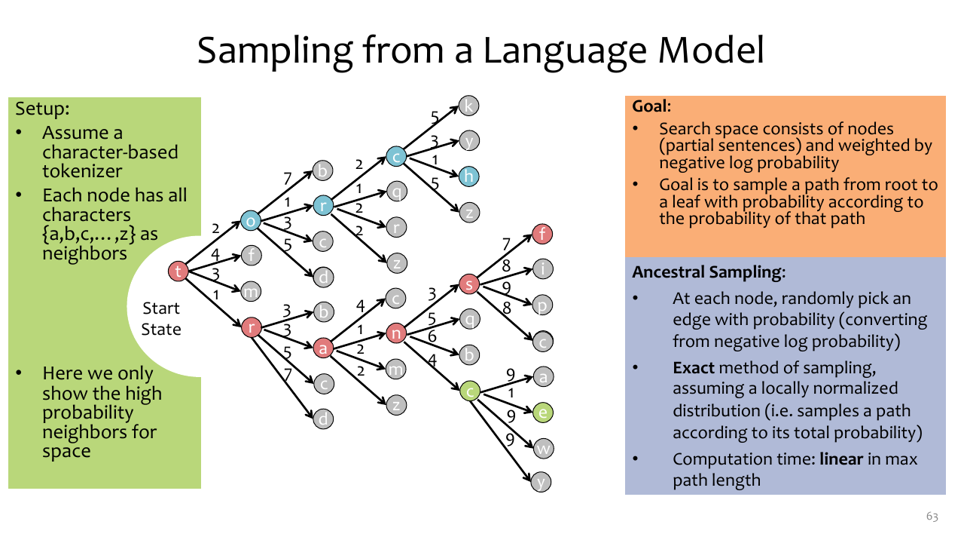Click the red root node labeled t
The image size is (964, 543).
[178, 271]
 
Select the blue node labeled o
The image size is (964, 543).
[251, 221]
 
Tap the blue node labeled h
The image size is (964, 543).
[468, 176]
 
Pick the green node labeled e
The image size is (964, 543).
[543, 413]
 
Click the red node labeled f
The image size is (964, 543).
[542, 234]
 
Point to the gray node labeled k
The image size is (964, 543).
[468, 106]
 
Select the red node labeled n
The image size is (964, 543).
[396, 333]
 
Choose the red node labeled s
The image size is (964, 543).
[469, 284]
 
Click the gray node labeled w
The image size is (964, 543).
[543, 449]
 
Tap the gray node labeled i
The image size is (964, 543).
[543, 269]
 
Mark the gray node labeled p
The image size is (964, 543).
[542, 305]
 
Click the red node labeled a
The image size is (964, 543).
[323, 348]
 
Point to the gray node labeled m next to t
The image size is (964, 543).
[251, 292]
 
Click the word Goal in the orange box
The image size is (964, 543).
[651, 106]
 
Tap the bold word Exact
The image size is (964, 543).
[694, 367]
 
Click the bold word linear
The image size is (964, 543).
[841, 459]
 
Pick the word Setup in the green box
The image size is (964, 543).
[42, 109]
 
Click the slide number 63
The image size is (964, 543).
[932, 517]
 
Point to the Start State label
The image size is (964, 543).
[161, 319]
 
